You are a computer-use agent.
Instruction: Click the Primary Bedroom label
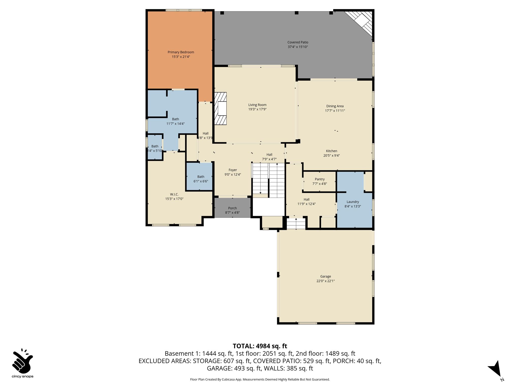pos(181,52)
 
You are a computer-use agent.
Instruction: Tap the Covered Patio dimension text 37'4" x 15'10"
pos(298,47)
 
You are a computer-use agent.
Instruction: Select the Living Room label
pos(257,105)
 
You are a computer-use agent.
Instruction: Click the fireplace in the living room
pos(220,108)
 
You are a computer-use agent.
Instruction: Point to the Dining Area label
pos(335,106)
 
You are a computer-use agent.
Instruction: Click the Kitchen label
pos(332,151)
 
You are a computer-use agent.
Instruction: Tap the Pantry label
pos(320,179)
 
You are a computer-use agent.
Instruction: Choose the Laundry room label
pos(353,202)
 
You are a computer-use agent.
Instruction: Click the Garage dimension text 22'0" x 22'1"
pos(326,281)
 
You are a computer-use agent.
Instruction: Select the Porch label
pos(232,208)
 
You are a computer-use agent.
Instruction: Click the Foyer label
pos(233,170)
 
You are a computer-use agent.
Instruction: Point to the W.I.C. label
pos(174,194)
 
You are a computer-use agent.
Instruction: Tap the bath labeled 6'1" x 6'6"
pos(201,177)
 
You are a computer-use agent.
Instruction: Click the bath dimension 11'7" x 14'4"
pos(175,124)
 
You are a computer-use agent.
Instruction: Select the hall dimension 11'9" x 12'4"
pos(306,204)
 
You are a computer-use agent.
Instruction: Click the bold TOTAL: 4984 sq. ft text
pos(260,346)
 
